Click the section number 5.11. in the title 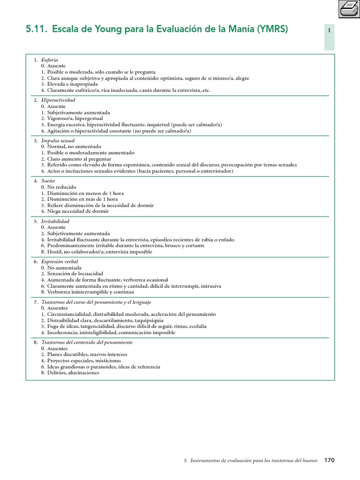click(36, 30)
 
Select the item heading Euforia click(49, 60)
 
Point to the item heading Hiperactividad click(58, 100)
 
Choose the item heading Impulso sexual click(58, 141)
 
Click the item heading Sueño click(48, 180)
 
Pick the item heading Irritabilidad click(55, 221)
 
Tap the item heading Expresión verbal click(60, 261)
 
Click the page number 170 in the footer click(330, 461)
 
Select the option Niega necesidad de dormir click(78, 211)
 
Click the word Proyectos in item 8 click(58, 360)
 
